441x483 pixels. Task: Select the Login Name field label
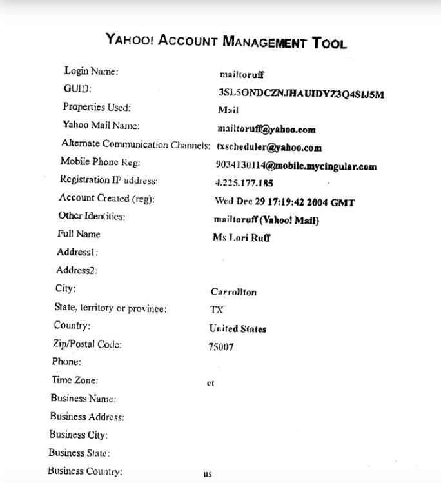[91, 70]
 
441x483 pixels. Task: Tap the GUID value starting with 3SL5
[301, 94]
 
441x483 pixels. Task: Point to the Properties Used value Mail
[228, 110]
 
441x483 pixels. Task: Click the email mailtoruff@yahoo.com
[267, 129]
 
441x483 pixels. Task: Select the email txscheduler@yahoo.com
[268, 147]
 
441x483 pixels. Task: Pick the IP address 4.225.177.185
[244, 183]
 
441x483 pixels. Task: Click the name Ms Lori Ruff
[241, 237]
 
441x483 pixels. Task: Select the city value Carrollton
[233, 292]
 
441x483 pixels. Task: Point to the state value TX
[217, 310]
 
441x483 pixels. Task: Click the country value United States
[237, 329]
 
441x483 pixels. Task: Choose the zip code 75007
[221, 347]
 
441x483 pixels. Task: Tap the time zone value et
[210, 383]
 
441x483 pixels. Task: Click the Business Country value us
[208, 474]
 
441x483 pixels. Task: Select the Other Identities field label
[92, 217]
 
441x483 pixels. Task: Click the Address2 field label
[77, 270]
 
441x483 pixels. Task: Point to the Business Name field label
[83, 399]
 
